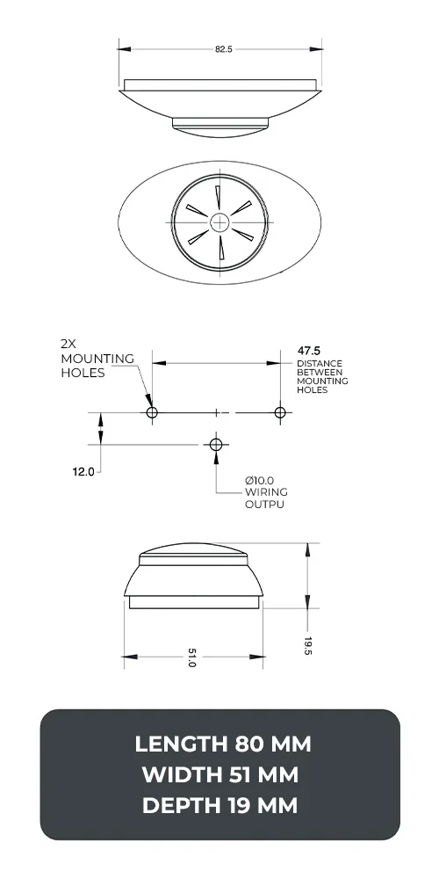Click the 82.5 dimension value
[x=223, y=49]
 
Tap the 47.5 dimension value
[x=308, y=351]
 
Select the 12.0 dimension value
[x=83, y=472]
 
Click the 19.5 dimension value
[x=309, y=647]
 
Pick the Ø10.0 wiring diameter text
[x=262, y=480]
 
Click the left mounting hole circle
[x=152, y=412]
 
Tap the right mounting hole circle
[x=279, y=412]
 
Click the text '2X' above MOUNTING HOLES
[x=69, y=345]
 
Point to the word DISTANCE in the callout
[x=320, y=363]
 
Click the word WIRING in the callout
[x=266, y=492]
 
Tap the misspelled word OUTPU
[x=264, y=505]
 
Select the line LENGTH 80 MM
[x=223, y=745]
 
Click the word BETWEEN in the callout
[x=318, y=372]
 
